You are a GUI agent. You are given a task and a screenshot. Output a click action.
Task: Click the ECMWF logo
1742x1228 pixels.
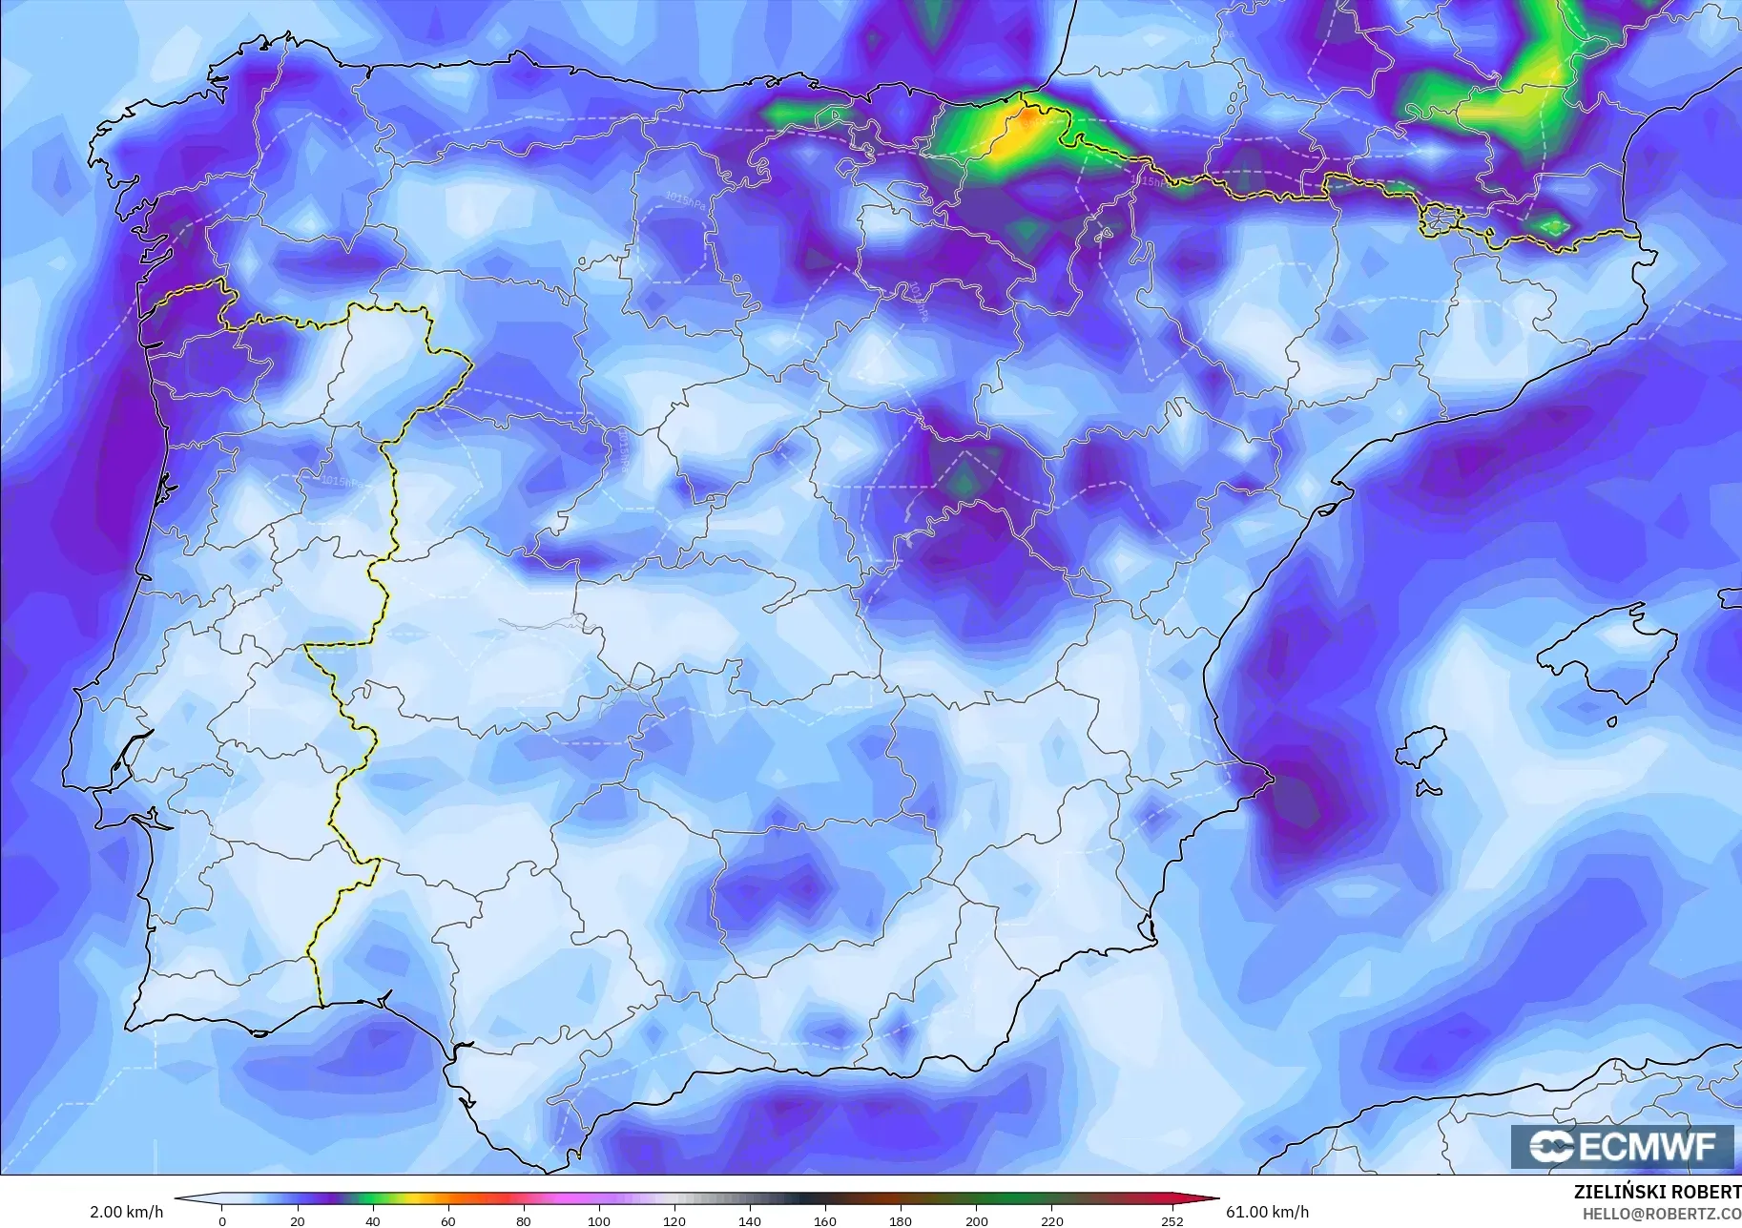(1622, 1147)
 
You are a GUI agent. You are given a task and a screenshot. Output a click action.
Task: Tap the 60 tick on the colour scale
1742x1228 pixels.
(448, 1220)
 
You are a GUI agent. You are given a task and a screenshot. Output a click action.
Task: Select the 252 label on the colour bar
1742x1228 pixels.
(1172, 1220)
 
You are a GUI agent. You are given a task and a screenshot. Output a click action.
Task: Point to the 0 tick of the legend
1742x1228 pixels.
(222, 1220)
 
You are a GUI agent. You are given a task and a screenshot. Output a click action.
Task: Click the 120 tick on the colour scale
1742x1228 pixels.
(674, 1220)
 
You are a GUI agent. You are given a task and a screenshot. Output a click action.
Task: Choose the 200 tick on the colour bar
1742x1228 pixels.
(976, 1220)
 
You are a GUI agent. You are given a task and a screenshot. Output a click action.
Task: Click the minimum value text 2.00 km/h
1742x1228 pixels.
(126, 1212)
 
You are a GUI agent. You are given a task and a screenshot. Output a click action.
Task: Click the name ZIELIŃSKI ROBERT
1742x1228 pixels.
(1657, 1192)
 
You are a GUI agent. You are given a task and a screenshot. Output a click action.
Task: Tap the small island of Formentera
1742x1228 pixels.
(1427, 789)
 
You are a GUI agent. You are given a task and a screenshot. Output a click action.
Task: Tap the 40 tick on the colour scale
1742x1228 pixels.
(373, 1220)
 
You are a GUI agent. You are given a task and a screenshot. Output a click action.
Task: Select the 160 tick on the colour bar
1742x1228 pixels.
(825, 1220)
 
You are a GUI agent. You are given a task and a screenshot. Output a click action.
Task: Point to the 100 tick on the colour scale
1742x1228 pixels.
(599, 1220)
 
